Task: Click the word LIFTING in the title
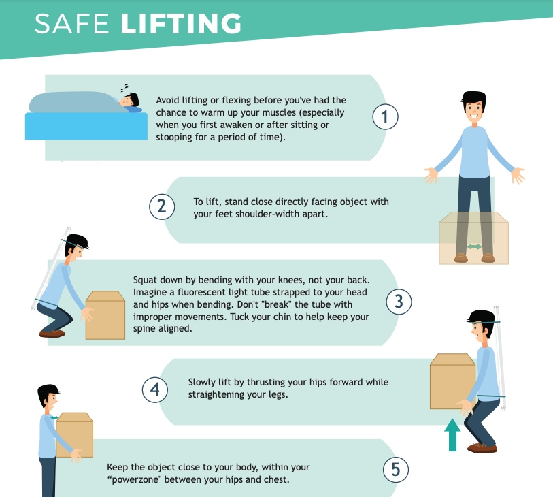(181, 24)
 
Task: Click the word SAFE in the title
(71, 24)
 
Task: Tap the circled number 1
(385, 117)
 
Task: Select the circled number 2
(162, 206)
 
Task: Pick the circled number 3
(399, 302)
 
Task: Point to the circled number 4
(155, 389)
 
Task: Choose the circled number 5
(396, 470)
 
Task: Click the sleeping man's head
(129, 100)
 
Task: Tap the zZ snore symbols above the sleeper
(124, 87)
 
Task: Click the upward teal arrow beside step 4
(452, 434)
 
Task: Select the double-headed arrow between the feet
(474, 246)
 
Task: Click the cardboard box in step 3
(105, 315)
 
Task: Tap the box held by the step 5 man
(74, 434)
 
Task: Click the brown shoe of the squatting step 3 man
(52, 333)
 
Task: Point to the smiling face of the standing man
(473, 110)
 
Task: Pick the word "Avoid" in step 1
(167, 100)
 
